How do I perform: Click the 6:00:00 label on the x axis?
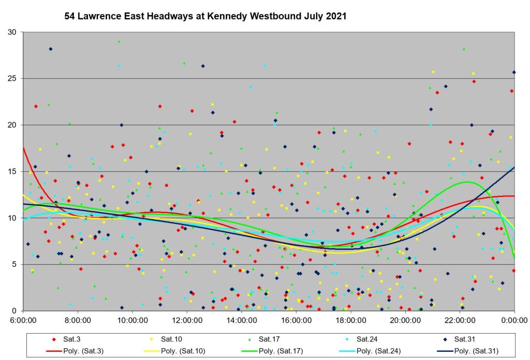[23, 320]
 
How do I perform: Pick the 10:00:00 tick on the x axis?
[132, 320]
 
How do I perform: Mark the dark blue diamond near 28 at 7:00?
[51, 49]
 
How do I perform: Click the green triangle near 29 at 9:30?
[119, 41]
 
